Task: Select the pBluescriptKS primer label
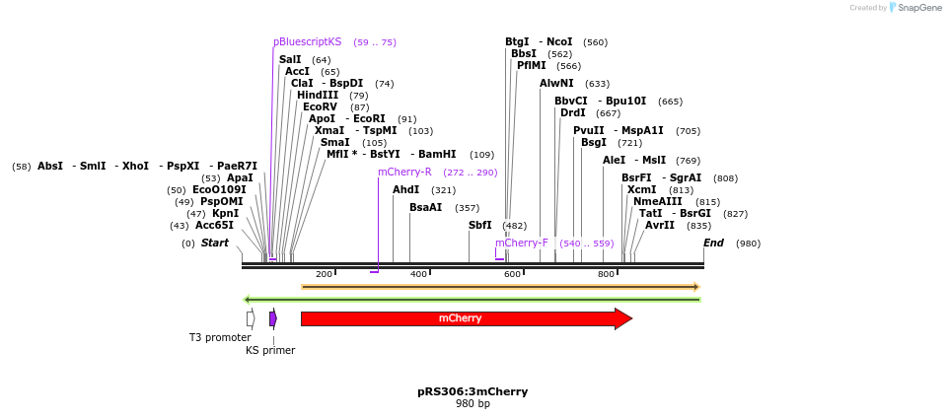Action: (307, 42)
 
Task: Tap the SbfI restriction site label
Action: (479, 226)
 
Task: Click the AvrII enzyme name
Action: (660, 225)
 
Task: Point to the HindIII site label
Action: (318, 95)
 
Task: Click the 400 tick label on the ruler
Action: (418, 273)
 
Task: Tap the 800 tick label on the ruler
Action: (606, 273)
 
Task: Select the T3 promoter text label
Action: (220, 337)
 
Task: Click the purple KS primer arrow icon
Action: (273, 318)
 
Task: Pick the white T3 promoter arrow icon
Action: (251, 318)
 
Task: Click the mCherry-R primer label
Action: (404, 172)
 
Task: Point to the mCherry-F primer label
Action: (522, 243)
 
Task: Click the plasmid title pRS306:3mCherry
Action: (473, 391)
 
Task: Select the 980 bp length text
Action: (473, 404)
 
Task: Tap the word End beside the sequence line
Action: (713, 243)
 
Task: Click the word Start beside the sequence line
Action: (215, 243)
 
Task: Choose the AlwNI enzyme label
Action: (556, 83)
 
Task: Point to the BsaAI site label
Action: (425, 207)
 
